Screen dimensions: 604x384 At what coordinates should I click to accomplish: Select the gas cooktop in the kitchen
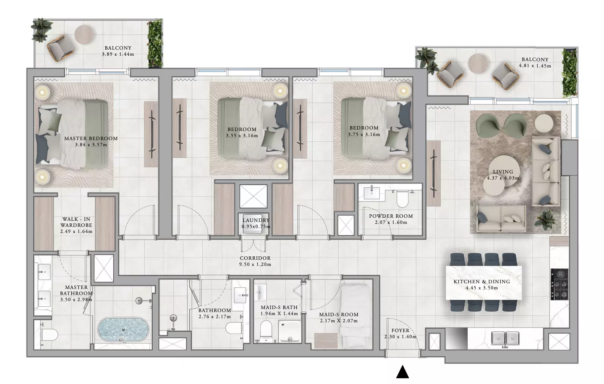click(560, 284)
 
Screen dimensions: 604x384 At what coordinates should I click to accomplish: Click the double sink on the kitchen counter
click(505, 338)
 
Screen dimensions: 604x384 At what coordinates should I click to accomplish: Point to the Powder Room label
click(391, 216)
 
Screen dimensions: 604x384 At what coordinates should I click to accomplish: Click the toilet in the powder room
click(402, 199)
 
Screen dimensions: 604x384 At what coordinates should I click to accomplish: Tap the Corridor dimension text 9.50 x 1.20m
click(255, 264)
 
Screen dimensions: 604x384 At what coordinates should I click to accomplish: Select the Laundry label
click(256, 220)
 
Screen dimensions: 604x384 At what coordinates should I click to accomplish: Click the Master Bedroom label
click(91, 138)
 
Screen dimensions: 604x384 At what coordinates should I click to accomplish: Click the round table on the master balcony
click(84, 35)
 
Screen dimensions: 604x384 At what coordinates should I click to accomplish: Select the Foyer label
click(401, 330)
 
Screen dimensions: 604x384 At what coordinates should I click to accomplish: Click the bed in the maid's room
click(355, 316)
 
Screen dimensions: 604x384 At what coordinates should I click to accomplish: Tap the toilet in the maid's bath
click(266, 330)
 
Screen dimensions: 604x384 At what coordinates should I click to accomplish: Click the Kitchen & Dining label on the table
click(482, 282)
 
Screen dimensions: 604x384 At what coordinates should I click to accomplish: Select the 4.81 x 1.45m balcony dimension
click(535, 66)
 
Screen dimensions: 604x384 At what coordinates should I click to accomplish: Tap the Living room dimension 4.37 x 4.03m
click(503, 178)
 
